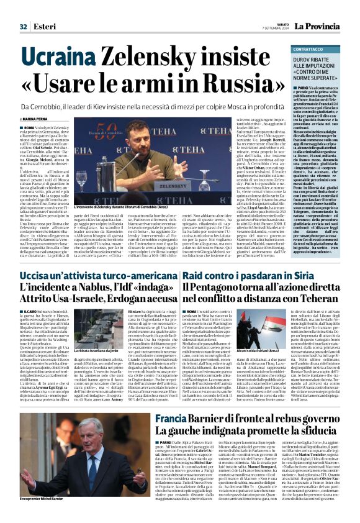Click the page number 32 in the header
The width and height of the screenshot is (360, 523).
tap(24, 26)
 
